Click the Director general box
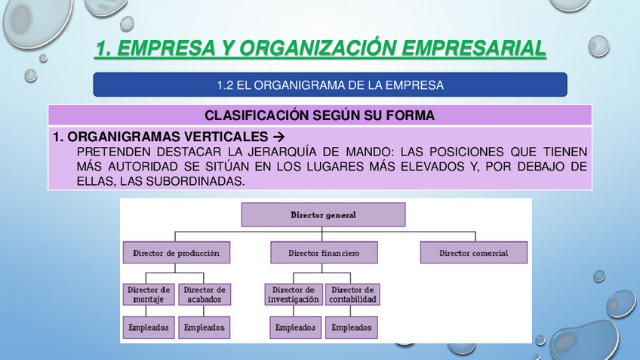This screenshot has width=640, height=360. click(x=323, y=215)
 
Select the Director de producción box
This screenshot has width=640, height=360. click(x=176, y=253)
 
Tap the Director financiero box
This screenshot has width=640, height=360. click(x=324, y=253)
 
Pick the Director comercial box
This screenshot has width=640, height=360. click(x=473, y=253)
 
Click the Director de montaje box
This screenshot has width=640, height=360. click(x=148, y=294)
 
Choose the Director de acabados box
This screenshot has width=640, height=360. click(x=204, y=294)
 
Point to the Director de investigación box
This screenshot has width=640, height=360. click(x=294, y=294)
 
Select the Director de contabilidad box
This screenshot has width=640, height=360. click(x=352, y=294)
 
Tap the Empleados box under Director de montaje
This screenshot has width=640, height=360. click(x=148, y=328)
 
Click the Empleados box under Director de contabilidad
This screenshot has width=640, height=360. click(x=352, y=328)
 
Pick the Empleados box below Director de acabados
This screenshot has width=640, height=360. click(x=204, y=328)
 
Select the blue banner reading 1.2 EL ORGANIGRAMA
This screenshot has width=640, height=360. click(x=330, y=85)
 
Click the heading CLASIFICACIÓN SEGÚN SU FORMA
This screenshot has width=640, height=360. click(x=319, y=115)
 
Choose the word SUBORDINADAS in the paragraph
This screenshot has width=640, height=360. click(x=198, y=181)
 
